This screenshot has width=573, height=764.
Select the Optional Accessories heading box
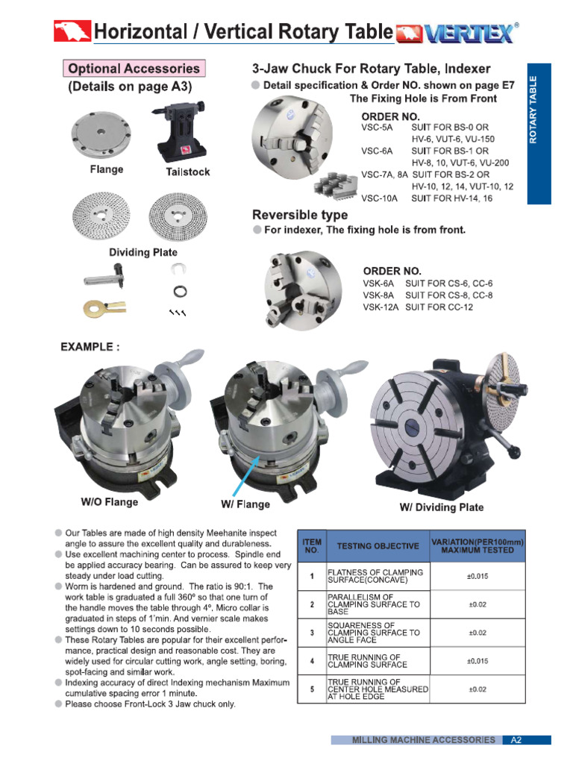[x=134, y=69]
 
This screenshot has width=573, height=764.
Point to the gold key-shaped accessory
[x=100, y=306]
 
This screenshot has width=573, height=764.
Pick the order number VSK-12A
[x=381, y=307]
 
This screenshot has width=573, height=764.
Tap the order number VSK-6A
[x=379, y=284]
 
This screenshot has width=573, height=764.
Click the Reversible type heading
[x=300, y=216]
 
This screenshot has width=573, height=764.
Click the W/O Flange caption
[x=109, y=502]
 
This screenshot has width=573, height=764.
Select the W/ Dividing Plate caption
[x=442, y=507]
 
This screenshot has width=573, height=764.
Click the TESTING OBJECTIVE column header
[x=378, y=546]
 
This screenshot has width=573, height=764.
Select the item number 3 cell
[x=311, y=633]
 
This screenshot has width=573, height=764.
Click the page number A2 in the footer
[x=516, y=740]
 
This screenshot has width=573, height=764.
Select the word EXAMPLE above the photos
[x=89, y=347]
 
